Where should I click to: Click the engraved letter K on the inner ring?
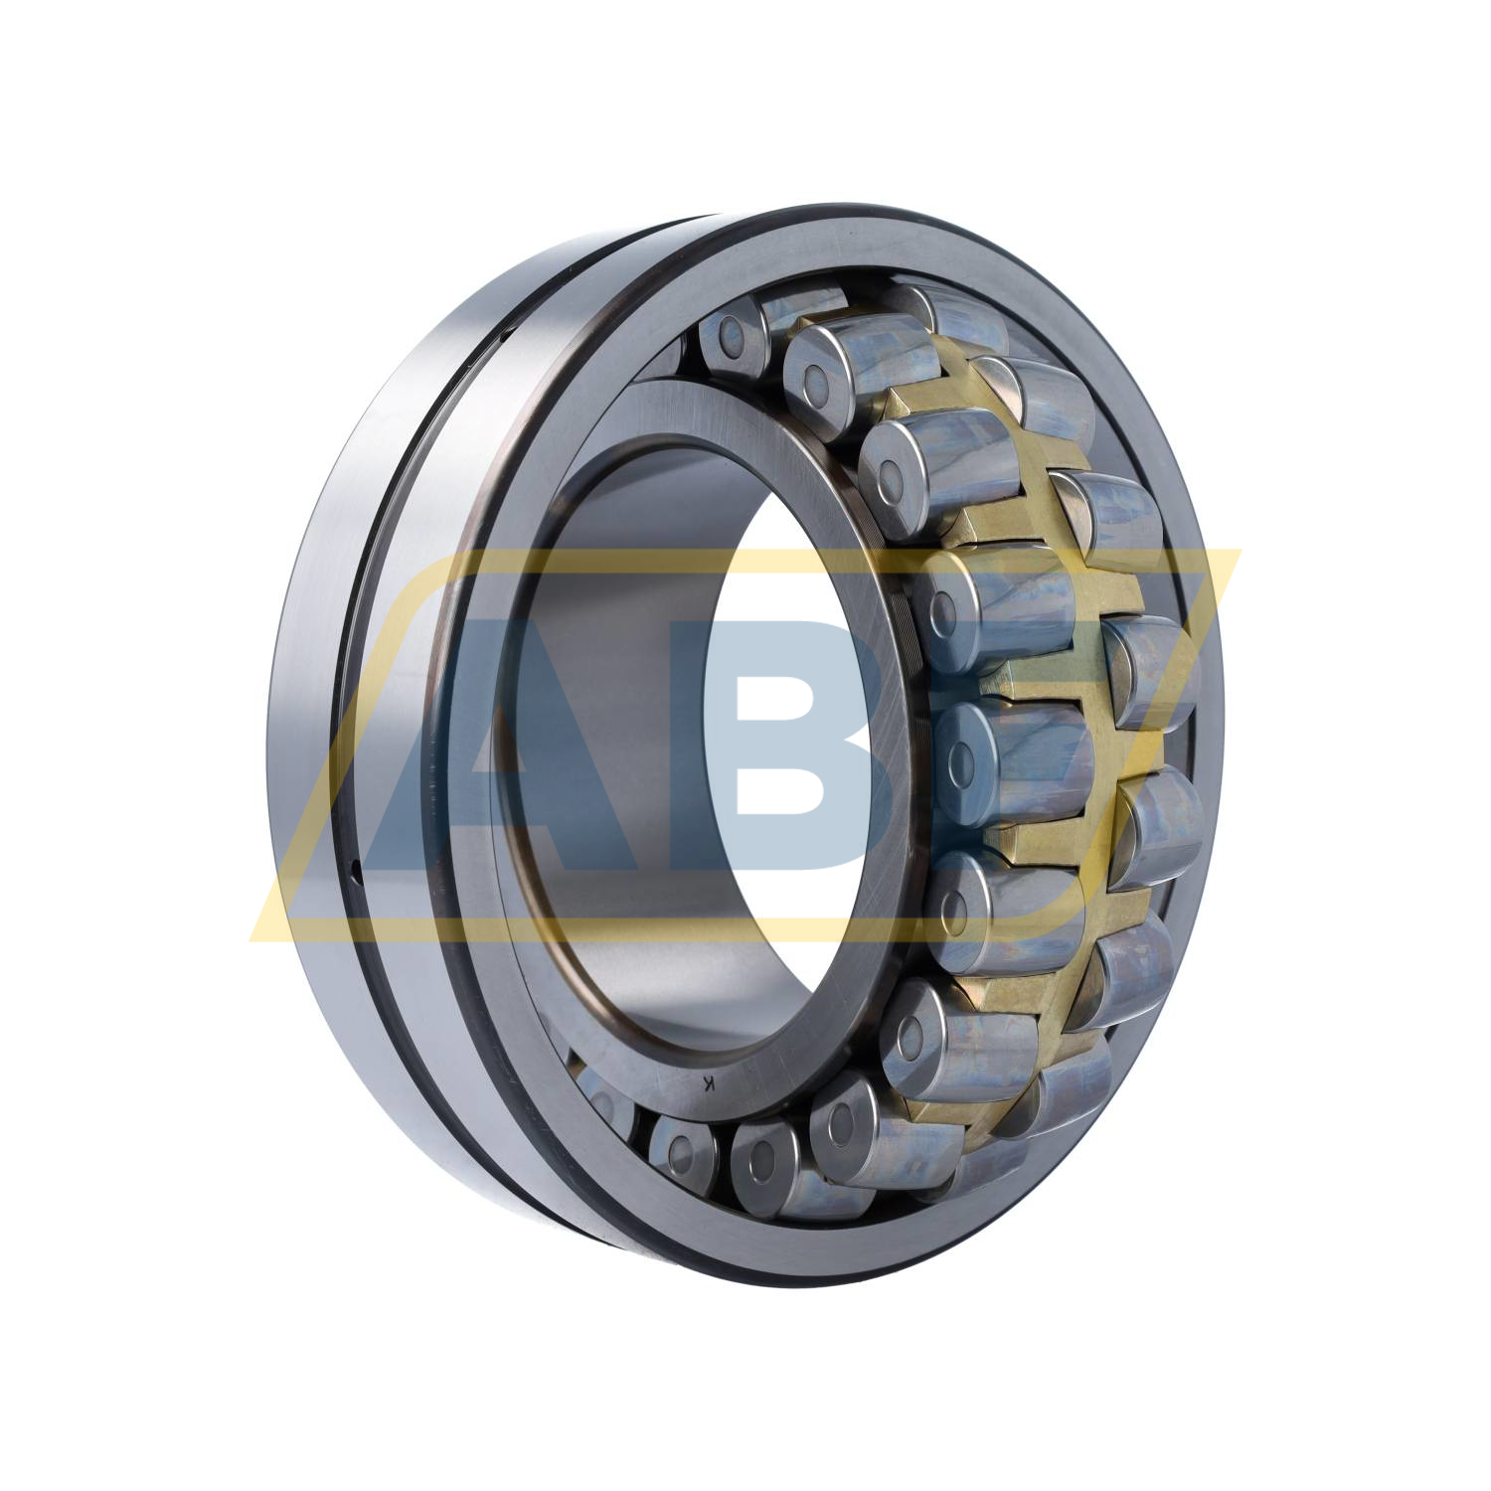tap(708, 1082)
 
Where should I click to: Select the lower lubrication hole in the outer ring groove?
tap(356, 875)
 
